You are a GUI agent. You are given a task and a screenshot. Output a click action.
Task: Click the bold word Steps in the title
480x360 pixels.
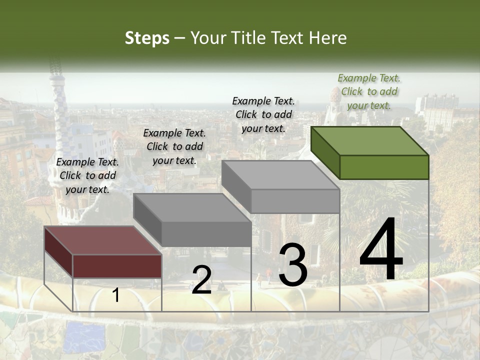(147, 38)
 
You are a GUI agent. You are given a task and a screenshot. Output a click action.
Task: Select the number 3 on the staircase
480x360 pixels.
(292, 265)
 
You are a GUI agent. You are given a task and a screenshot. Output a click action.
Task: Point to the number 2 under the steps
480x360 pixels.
(201, 280)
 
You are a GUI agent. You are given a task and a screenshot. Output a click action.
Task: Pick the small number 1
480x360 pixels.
(115, 295)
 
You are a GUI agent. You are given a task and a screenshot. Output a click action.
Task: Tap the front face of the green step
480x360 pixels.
(384, 167)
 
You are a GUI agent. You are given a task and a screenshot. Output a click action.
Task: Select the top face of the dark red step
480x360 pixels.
(103, 240)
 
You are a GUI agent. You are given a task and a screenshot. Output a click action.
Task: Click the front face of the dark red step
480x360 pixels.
(117, 266)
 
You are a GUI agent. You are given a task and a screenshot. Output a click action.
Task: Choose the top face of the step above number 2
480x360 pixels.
(192, 207)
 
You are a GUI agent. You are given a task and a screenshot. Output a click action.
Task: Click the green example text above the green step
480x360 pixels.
(369, 91)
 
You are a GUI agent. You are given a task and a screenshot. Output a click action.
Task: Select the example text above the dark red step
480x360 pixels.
(87, 175)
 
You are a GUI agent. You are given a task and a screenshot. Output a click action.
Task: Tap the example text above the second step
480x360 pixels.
(174, 146)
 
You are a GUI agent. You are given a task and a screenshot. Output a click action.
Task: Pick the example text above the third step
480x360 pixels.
(263, 114)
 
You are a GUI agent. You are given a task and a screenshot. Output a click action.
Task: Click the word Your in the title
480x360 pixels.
(209, 38)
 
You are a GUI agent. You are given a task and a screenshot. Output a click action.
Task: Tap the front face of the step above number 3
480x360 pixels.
(295, 201)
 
